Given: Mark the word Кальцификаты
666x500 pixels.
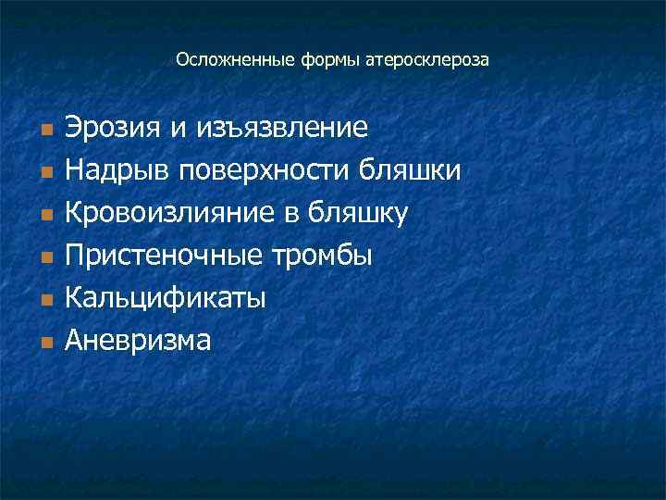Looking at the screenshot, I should pos(166,297).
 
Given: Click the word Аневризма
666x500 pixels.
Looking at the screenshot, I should pos(138,340).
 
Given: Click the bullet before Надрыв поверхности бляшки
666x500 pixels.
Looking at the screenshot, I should pos(43,171).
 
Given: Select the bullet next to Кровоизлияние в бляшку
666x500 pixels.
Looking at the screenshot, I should pos(43,214).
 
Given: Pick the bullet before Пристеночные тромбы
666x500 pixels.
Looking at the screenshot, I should pos(43,256).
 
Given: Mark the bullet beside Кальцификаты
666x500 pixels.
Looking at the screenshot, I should pos(43,299).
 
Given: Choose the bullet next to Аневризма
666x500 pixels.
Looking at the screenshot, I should pos(43,342).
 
